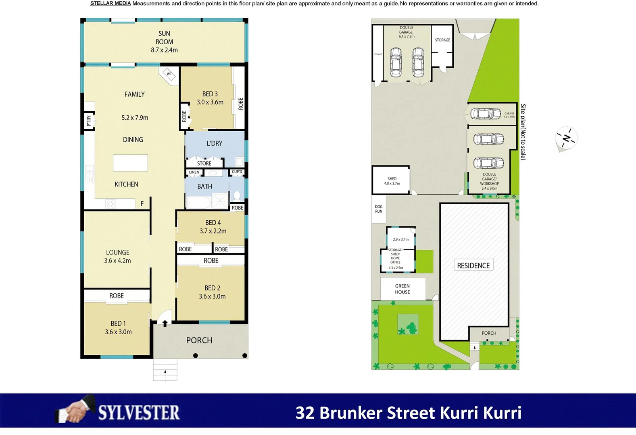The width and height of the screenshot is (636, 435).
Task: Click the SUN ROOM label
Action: (x=164, y=41)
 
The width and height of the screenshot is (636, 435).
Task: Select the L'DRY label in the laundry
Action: (x=214, y=143)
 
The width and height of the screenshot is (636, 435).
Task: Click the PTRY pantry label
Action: (x=89, y=121)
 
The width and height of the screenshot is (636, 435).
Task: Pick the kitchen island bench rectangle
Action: (x=130, y=163)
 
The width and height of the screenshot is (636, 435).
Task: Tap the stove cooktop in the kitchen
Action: (x=111, y=204)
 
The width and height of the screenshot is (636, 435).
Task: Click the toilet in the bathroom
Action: (x=237, y=196)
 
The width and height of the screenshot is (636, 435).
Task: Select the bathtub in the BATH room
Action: (x=199, y=202)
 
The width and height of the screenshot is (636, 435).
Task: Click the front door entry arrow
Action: (x=165, y=323)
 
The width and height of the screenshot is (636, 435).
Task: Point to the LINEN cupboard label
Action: (x=194, y=172)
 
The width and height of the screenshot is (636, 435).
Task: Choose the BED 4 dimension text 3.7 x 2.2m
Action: (x=213, y=231)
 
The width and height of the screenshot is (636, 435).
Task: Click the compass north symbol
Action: (x=567, y=138)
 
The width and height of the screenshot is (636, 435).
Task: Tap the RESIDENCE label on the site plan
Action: (x=473, y=265)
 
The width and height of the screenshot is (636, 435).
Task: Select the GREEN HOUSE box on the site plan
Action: (x=403, y=289)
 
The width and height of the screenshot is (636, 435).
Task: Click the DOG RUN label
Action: (x=379, y=209)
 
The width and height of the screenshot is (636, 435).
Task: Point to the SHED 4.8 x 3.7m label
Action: (x=392, y=181)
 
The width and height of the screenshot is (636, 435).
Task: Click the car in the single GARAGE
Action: (x=486, y=114)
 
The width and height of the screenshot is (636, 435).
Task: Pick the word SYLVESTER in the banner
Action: (x=139, y=413)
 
